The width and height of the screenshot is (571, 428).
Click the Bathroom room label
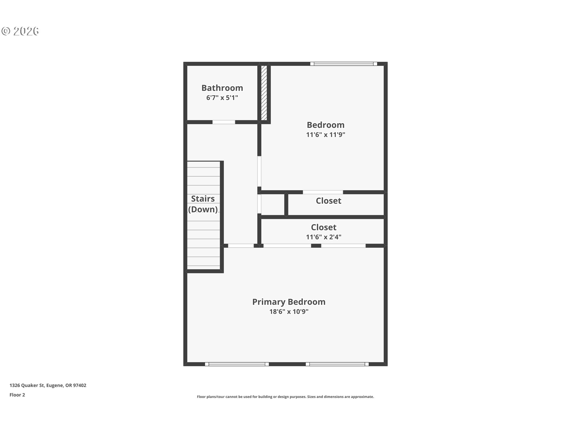(222, 88)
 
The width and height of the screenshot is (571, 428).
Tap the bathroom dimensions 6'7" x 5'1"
(222, 98)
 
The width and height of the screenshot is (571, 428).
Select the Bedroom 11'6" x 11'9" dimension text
(325, 135)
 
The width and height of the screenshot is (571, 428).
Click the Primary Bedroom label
(288, 302)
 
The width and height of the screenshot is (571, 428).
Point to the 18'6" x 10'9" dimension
(288, 312)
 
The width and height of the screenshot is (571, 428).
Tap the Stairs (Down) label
(203, 204)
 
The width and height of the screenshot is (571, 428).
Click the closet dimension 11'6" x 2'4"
(324, 237)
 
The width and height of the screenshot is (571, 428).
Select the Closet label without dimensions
(328, 201)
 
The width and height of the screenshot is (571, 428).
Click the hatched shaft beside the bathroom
(264, 92)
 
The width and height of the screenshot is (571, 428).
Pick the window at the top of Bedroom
(343, 64)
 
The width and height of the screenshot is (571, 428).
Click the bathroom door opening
(224, 122)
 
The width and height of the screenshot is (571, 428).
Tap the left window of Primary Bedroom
(237, 364)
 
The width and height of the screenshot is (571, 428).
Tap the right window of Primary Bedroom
(337, 364)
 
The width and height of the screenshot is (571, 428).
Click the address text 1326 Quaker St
(48, 385)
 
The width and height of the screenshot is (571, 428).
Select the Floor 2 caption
(17, 395)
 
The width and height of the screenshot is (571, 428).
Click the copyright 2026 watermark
(20, 31)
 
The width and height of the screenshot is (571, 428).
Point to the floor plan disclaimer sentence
(285, 397)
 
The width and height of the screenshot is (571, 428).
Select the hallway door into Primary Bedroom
(241, 246)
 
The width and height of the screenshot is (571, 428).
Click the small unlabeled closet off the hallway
(273, 204)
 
